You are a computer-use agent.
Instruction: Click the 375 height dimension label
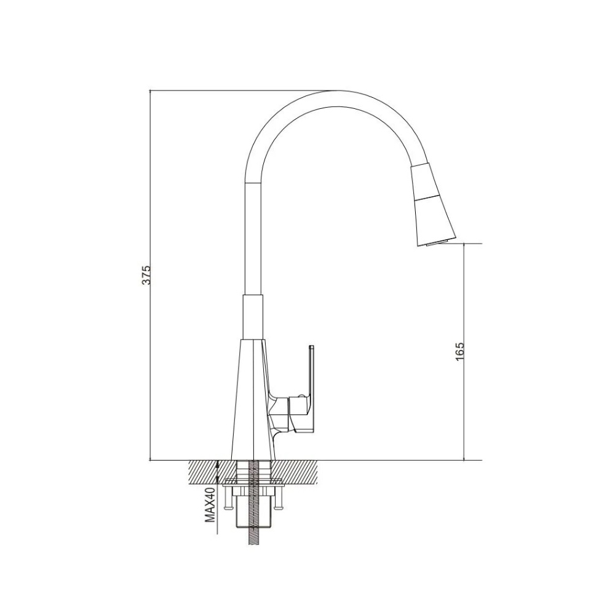[x=146, y=276]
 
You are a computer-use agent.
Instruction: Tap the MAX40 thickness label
[x=210, y=505]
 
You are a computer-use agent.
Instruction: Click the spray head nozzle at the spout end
[x=433, y=206]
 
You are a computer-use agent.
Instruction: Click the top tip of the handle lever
[x=312, y=346]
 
